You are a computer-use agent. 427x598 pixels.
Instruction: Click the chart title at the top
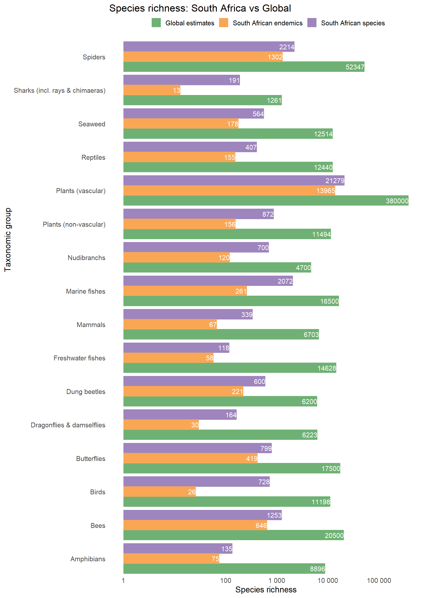pyautogui.click(x=200, y=8)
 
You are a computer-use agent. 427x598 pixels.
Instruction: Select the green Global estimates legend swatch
pyautogui.click(x=156, y=23)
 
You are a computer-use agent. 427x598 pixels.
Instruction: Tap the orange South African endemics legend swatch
pyautogui.click(x=224, y=23)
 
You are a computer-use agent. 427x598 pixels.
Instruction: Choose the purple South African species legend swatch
pyautogui.click(x=312, y=23)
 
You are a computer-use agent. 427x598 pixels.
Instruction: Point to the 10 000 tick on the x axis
pyautogui.click(x=328, y=580)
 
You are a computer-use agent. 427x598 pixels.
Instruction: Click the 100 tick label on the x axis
pyautogui.click(x=226, y=580)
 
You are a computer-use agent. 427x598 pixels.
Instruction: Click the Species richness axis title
pyautogui.click(x=266, y=590)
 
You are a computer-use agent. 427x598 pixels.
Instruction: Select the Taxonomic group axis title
pyautogui.click(x=8, y=240)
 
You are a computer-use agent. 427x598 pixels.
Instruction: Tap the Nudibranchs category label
pyautogui.click(x=86, y=258)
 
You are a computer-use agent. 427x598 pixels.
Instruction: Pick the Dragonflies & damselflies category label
pyautogui.click(x=68, y=425)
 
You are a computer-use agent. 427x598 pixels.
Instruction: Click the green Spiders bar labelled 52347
pyautogui.click(x=244, y=67)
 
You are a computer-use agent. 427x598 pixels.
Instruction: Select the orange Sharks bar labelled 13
pyautogui.click(x=152, y=90)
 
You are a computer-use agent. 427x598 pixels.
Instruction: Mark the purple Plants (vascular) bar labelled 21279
pyautogui.click(x=234, y=180)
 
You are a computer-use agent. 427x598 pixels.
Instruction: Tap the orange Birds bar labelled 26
pyautogui.click(x=159, y=492)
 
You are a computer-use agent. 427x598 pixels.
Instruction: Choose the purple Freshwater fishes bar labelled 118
pyautogui.click(x=176, y=348)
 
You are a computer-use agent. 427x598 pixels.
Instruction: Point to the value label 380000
pyautogui.click(x=397, y=201)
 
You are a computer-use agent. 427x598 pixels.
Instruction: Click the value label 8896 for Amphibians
pyautogui.click(x=317, y=569)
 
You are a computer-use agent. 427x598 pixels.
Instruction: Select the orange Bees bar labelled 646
pyautogui.click(x=195, y=525)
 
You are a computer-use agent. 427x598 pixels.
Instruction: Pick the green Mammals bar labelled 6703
pyautogui.click(x=221, y=335)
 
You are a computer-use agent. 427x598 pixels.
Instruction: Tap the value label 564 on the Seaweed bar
pyautogui.click(x=258, y=114)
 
